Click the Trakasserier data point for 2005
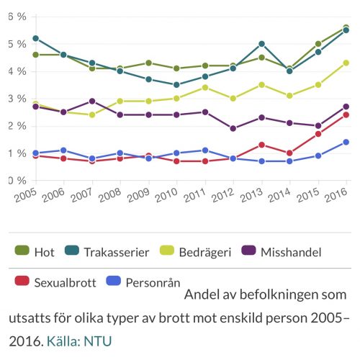[x=36, y=38]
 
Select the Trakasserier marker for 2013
[x=262, y=44]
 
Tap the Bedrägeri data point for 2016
[x=346, y=63]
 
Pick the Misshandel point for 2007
[x=92, y=102]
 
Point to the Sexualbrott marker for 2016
[x=346, y=115]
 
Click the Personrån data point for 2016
[x=346, y=142]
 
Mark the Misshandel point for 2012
[x=233, y=129]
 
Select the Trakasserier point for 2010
[x=176, y=85]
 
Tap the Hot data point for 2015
[x=318, y=44]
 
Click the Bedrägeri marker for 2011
[x=205, y=88]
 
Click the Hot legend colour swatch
[x=22, y=250]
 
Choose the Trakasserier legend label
[x=117, y=252]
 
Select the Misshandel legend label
[x=291, y=252]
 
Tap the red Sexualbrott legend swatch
[x=22, y=281]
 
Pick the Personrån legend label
[x=153, y=283]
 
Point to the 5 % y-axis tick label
[x=17, y=44]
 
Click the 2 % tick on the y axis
[x=17, y=126]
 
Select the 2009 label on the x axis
[x=138, y=195]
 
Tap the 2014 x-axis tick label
[x=279, y=195]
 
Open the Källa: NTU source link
[x=79, y=341]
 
